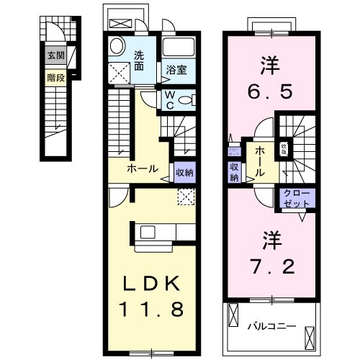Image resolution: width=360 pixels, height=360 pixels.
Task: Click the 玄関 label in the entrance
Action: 55,55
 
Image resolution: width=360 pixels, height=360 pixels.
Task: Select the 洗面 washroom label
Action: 139,60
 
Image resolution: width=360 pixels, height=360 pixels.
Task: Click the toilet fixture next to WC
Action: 185,100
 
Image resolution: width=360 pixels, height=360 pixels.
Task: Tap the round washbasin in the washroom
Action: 115,47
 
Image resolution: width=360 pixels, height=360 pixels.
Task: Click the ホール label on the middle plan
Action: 143,168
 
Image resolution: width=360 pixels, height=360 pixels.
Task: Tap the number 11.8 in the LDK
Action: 153,309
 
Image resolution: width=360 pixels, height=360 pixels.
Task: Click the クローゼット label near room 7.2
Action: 294,199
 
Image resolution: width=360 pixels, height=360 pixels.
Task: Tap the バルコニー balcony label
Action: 272,325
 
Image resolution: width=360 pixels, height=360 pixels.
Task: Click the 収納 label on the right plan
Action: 235,171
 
